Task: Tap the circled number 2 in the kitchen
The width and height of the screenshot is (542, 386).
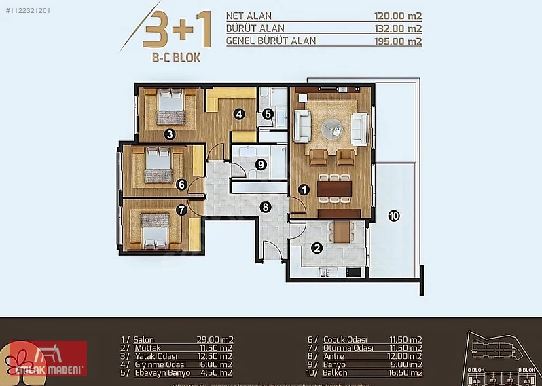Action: (x=317, y=248)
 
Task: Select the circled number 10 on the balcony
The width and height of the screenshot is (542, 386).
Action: (x=394, y=216)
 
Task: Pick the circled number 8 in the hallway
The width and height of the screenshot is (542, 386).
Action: (x=265, y=207)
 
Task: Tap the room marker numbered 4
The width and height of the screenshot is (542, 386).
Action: (x=239, y=115)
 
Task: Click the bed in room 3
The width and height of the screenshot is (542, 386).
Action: (x=170, y=107)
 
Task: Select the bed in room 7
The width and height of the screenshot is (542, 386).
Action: (x=153, y=229)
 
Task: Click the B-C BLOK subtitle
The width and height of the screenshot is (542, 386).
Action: (x=176, y=58)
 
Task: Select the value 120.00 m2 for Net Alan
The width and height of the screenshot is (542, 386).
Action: (x=398, y=16)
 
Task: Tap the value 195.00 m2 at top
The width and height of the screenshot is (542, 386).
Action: (x=398, y=41)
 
